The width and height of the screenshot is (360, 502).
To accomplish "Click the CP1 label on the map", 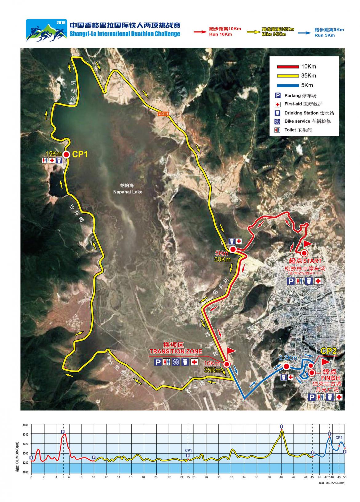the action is [x=80, y=154].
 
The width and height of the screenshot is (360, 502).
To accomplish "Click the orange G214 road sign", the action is [x=164, y=114].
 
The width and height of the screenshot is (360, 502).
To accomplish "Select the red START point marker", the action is [x=304, y=253].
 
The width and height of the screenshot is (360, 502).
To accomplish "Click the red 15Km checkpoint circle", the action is [x=66, y=155].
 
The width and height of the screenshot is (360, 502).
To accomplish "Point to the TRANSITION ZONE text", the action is [x=176, y=351].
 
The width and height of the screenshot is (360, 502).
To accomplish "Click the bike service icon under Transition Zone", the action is [x=176, y=362].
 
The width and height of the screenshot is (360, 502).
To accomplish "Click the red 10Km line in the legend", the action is [x=288, y=67].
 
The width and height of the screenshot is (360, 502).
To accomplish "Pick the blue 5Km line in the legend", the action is [x=288, y=85].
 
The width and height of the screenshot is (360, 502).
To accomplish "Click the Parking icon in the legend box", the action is [x=278, y=96].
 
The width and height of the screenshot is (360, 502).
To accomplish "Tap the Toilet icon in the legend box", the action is [x=278, y=130].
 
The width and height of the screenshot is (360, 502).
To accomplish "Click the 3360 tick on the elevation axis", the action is [x=25, y=425].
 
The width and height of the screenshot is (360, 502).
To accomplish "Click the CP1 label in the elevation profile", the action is [x=188, y=450].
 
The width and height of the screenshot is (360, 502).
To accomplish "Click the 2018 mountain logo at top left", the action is [x=46, y=30].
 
